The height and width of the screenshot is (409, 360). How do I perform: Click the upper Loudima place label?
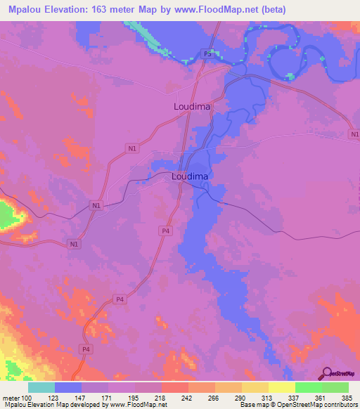(x=192, y=107)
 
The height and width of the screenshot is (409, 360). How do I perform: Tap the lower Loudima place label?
(x=190, y=177)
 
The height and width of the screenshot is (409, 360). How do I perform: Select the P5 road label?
(x=207, y=54)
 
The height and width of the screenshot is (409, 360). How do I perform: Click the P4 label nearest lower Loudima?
(x=165, y=231)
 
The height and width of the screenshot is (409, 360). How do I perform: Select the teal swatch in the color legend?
(x=41, y=387)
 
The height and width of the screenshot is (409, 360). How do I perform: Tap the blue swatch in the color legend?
(x=68, y=387)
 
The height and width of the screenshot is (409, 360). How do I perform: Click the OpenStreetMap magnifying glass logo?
(x=326, y=372)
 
